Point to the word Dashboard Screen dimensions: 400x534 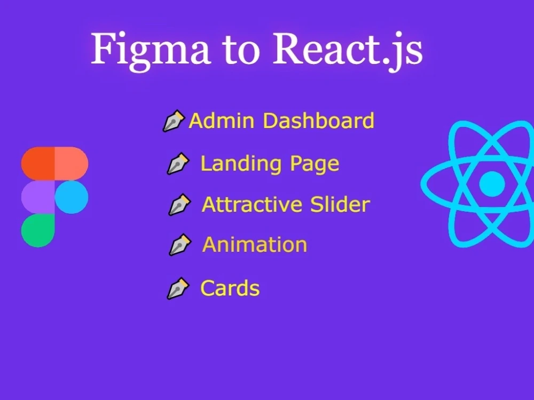(319, 121)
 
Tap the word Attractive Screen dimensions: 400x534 (252, 204)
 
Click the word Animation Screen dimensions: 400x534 (255, 245)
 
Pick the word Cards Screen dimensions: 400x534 (230, 289)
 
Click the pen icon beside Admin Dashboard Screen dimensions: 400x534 (174, 121)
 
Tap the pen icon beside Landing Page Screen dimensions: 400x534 (178, 164)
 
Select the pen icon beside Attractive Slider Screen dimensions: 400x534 (180, 205)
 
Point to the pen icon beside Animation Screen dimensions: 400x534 (180, 245)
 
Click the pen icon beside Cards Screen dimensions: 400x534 (178, 289)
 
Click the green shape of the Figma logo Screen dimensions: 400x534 (38, 230)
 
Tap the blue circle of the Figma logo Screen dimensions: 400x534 (72, 197)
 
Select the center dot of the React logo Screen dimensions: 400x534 (492, 184)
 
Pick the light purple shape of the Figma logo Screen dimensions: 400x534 (38, 197)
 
